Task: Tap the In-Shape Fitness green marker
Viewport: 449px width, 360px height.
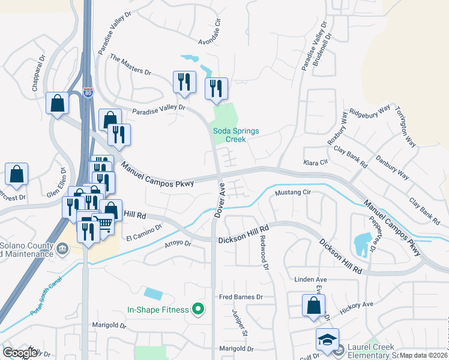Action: point(197,310)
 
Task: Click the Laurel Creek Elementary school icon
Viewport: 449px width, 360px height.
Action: point(328,340)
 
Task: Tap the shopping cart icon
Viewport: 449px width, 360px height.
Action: point(104,223)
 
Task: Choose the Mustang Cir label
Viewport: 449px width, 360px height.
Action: point(292,193)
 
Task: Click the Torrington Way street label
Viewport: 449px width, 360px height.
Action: point(405,127)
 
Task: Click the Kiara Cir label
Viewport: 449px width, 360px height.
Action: point(316,163)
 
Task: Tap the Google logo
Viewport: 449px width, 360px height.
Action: point(19,353)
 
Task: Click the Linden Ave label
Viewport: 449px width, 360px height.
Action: point(310,280)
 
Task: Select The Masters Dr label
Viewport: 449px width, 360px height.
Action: point(131,64)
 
